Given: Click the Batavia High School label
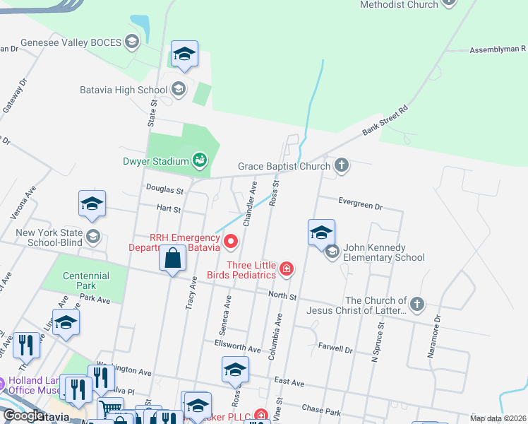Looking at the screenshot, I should pos(123,90).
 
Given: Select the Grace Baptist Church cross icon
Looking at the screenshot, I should pos(342,166).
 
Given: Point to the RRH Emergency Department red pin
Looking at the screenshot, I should pos(231,243).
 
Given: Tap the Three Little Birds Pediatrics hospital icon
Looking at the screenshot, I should pos(287,269).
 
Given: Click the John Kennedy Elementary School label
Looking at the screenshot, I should pos(384,252).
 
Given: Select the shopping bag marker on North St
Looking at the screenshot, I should pos(172,259).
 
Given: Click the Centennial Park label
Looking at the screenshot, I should pos(86,281).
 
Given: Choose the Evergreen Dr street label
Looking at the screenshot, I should pos(360,206).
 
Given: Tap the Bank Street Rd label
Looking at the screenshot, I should pos(385,121).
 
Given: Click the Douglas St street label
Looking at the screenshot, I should pos(164,190).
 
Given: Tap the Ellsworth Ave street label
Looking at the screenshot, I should pos(237,346).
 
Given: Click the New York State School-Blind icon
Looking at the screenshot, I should pos(93,236).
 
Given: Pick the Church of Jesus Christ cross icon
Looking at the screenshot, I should pos(417,305).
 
